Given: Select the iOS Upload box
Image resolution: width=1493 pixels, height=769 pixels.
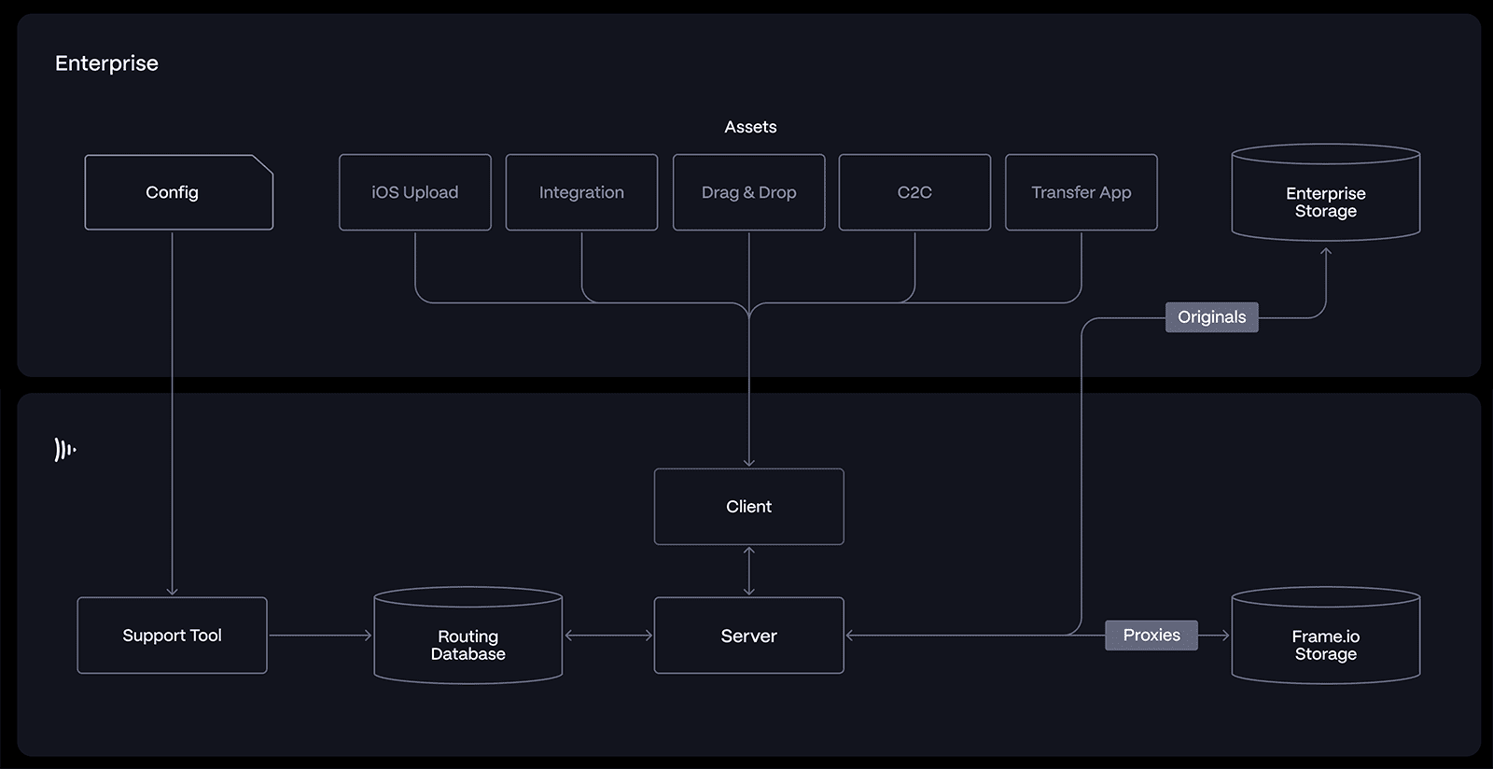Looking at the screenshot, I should [x=414, y=192].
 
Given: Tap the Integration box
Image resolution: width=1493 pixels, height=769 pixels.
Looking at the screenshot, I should [x=581, y=192].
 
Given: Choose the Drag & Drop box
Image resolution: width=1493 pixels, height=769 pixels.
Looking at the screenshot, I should [x=748, y=192].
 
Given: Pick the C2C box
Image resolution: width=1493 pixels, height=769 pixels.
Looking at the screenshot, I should [x=914, y=192].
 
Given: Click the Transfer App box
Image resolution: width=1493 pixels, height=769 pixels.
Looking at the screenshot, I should [x=1081, y=192].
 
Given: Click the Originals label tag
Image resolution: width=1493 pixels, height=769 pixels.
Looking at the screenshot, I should [x=1211, y=317].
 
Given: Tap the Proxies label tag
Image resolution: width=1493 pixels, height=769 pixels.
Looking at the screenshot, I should [x=1151, y=636].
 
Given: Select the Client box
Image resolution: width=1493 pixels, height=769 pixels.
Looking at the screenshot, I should [x=748, y=507].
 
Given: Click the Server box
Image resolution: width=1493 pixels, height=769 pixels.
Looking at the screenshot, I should [x=748, y=636].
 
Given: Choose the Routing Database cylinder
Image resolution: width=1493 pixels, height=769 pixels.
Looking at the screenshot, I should [x=467, y=639].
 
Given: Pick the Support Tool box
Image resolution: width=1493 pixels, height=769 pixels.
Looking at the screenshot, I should [x=172, y=636].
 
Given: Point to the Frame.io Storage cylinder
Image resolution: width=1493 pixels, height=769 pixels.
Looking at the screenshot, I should [x=1325, y=639].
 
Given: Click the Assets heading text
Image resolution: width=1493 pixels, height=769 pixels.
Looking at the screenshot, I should [x=750, y=127].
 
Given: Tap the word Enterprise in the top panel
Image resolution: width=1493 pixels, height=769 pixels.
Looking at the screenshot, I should [x=106, y=63].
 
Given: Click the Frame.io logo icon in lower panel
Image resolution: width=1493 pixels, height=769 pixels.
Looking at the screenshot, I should [x=64, y=450].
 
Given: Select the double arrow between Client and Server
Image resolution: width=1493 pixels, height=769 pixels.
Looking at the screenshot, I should [x=748, y=571].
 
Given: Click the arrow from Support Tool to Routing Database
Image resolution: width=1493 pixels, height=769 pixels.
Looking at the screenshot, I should [x=320, y=636].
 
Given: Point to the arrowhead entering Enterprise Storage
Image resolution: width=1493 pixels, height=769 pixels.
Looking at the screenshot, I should [x=1325, y=251].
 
